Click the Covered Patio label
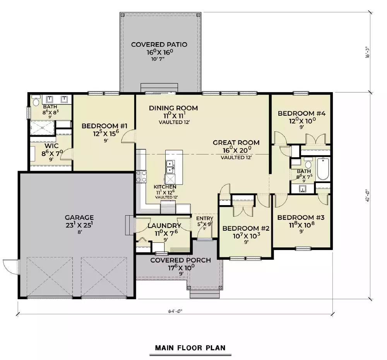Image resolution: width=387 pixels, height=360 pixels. pos(159,45)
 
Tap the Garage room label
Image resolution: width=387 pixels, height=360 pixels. pos(79,218)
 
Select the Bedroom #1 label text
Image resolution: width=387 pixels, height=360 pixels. pos(102,126)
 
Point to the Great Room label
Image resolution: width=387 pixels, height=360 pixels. pos(236,142)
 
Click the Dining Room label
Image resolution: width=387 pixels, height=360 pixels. pos(173,108)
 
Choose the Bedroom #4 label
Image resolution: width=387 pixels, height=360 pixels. pos(302,113)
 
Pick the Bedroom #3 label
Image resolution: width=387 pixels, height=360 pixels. pos(301,217)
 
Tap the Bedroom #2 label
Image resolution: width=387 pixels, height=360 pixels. pos(246,228)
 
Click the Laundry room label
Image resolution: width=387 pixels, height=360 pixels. pos(164,226)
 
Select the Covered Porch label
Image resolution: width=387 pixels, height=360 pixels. pos(180,260)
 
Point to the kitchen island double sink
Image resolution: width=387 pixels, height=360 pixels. pos(170,167)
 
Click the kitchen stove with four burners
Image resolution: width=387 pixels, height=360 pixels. pos(141,176)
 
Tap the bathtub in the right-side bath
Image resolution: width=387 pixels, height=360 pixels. pos(323,169)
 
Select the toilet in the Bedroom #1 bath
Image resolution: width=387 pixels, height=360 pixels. pos(36,102)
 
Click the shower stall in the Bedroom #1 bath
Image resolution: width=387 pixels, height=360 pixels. pos(43,127)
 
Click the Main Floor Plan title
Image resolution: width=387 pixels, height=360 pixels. pos(190,348)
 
